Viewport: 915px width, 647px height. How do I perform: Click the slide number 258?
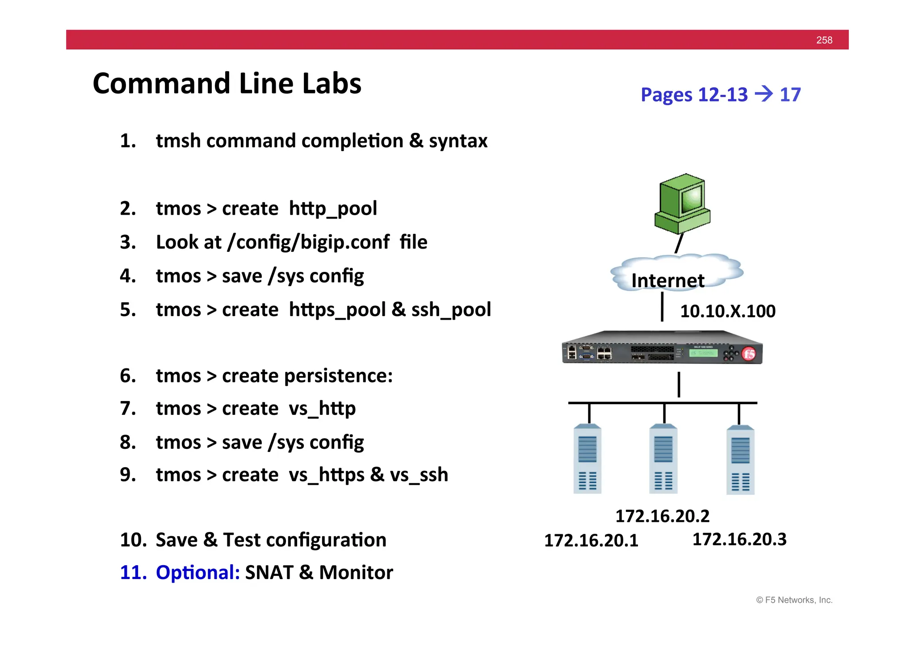tap(824, 40)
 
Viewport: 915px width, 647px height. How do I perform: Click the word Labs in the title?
tap(331, 84)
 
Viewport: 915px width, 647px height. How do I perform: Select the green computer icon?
tap(682, 204)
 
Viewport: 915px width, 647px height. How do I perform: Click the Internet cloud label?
tap(667, 280)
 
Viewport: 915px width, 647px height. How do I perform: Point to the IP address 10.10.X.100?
tap(727, 311)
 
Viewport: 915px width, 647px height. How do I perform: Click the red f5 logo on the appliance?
tap(749, 354)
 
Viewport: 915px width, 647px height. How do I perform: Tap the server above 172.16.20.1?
tap(587, 459)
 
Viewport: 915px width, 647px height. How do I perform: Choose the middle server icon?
tap(663, 459)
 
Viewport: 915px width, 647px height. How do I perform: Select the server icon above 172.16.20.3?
tap(740, 460)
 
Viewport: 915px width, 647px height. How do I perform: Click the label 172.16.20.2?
tap(662, 516)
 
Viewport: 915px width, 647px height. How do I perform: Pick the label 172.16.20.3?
tap(739, 539)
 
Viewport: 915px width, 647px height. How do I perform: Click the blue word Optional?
tap(198, 572)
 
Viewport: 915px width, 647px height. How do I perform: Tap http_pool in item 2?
tap(333, 209)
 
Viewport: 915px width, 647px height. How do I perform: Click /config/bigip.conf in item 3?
tap(308, 242)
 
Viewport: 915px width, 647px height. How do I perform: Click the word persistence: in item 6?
tap(338, 376)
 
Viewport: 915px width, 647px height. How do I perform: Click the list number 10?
tap(133, 540)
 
